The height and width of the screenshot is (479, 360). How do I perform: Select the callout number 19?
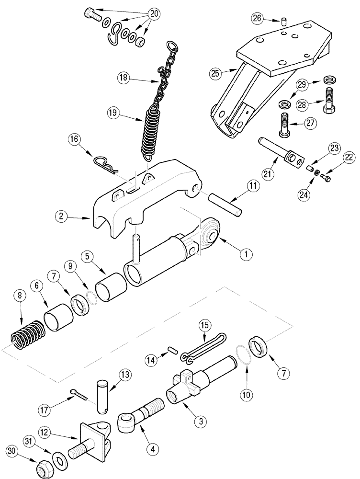pos(113,113)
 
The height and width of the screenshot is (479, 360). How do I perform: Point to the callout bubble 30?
pos(13,451)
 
